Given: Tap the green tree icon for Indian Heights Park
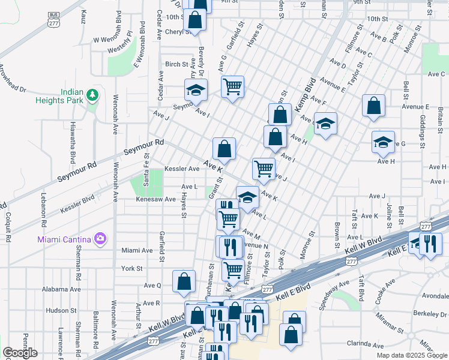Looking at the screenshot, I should coord(92,95).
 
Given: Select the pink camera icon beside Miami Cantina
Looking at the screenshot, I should coord(100,239).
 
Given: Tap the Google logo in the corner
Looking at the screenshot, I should coord(20,353).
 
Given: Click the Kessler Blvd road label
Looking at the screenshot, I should coord(78,203).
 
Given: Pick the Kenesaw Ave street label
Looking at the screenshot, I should coord(155,199).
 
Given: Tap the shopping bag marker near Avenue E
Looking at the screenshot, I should coord(373,106).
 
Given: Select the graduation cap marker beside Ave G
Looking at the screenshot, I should coord(383,142).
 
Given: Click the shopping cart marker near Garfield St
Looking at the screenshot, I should coord(232,86).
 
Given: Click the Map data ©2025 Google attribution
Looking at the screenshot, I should coord(412,355).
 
